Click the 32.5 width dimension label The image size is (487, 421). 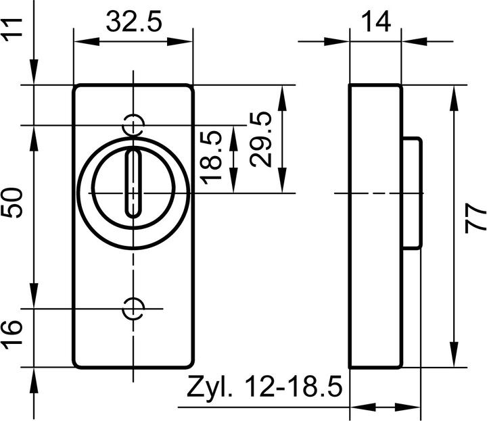[133, 23]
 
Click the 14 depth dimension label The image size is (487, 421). [375, 22]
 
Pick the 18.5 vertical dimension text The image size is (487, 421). [212, 156]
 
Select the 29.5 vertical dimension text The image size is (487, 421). [260, 139]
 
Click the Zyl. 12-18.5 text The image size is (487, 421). [264, 389]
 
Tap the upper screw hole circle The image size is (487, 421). [134, 124]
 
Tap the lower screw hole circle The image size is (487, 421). [134, 308]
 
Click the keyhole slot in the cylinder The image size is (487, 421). [134, 183]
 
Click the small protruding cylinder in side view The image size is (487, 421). [412, 193]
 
